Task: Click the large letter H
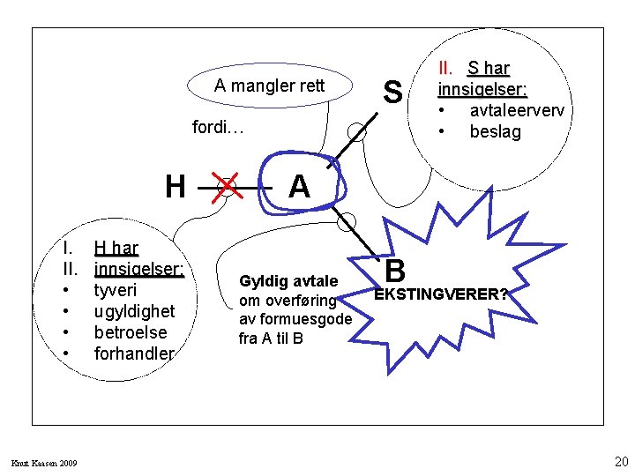coord(176,187)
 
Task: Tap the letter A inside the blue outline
coord(299,187)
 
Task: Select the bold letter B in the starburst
coord(396,271)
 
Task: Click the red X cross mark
coord(228,187)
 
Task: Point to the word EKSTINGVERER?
coord(441,294)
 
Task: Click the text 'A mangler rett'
coord(270,86)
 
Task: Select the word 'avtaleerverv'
coord(517,110)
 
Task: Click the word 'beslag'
coord(495,131)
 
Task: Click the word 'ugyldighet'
coord(134,311)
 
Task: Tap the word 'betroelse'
coord(130,332)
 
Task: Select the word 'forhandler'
coord(134,353)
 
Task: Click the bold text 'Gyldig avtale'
coord(288,281)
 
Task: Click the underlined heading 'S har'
coord(489,68)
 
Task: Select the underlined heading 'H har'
coord(116,248)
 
